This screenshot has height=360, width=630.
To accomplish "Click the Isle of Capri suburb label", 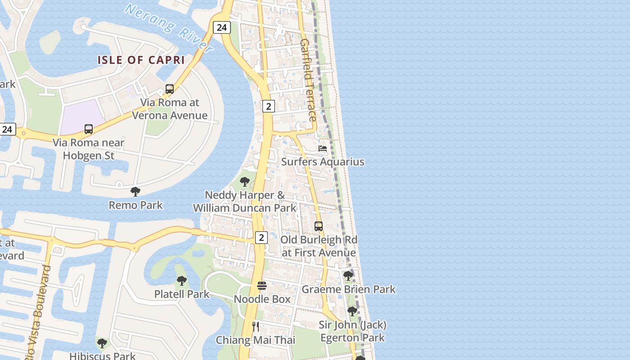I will coord(141,60).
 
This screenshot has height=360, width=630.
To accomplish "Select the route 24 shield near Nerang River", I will coord(221,27).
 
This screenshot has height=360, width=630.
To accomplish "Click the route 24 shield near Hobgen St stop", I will coord(7,130).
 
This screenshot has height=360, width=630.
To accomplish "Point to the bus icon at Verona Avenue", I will coord(170,89).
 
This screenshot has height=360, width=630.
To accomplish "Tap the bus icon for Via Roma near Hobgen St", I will coord(89,129).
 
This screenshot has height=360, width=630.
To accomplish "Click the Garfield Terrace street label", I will coord(308,80).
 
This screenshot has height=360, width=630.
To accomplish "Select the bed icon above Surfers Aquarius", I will coord(323,148).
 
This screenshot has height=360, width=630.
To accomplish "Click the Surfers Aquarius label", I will coord(323,162).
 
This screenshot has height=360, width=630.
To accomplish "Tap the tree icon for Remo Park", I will coord(135,192).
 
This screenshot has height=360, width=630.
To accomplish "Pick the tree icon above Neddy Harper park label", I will coord(245,182).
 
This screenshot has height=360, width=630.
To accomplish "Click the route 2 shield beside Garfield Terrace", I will coord(268,106).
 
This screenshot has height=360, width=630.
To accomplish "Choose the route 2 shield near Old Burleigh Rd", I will coord(261,237).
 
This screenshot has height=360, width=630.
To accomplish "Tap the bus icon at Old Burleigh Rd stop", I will coord(319,226).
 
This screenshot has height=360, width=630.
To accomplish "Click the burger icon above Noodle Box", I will coord(262,286).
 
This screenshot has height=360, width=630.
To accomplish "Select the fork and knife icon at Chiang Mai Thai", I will coord(256,327).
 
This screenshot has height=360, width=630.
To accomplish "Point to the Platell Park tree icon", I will coord(182,281).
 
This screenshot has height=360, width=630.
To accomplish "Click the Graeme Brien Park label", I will coord(348,289).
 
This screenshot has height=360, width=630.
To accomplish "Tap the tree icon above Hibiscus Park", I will coord(102,343).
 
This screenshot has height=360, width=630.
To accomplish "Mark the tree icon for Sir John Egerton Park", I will coord(352,311).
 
